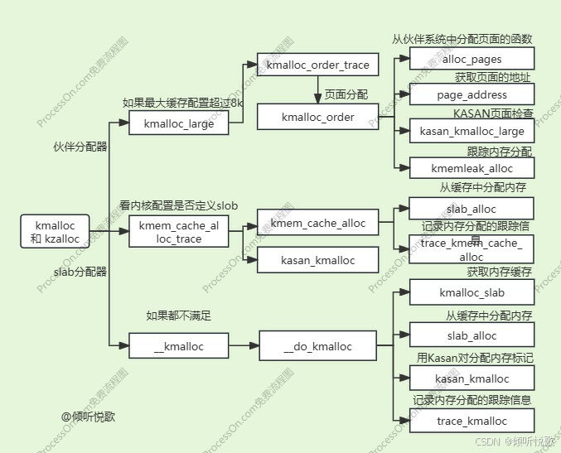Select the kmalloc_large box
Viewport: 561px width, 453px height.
(x=179, y=123)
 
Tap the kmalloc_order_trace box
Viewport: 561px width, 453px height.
(x=317, y=64)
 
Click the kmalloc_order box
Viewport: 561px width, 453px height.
(x=317, y=117)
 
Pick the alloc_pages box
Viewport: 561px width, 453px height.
(x=472, y=59)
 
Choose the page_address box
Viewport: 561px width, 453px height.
(x=472, y=94)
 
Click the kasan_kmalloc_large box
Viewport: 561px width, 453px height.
(x=472, y=131)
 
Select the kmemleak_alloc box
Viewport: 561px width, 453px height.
(x=472, y=167)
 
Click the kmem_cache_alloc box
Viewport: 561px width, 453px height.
(x=317, y=223)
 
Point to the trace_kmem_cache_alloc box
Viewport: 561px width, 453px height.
(x=472, y=249)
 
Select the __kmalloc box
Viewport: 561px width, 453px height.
(x=179, y=346)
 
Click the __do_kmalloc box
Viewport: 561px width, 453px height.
(x=318, y=346)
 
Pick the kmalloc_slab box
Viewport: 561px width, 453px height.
(x=472, y=292)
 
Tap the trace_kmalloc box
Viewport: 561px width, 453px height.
(x=472, y=421)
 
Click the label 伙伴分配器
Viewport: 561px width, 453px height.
(x=80, y=147)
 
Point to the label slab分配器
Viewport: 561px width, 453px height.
(x=80, y=271)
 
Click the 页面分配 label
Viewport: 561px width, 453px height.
(x=346, y=94)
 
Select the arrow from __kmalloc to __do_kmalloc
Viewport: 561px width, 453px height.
(x=244, y=346)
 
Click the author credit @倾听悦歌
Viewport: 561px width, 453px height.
(x=89, y=416)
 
